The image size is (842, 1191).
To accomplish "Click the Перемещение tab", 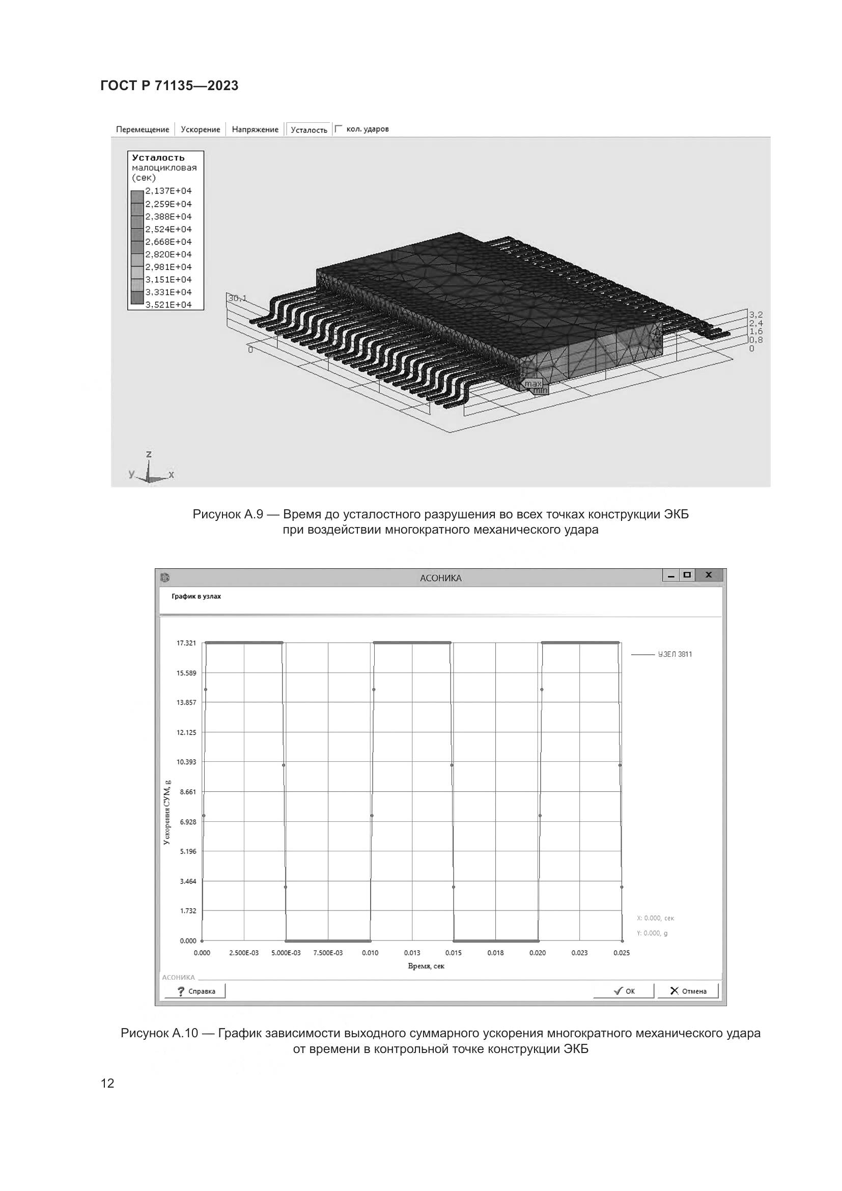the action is click(x=143, y=130).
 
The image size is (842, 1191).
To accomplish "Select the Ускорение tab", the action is click(x=200, y=130).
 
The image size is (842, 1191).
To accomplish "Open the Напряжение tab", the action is click(x=255, y=130).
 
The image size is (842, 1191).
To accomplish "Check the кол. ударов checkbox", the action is click(x=339, y=128).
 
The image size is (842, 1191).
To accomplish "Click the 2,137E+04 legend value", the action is click(x=169, y=191).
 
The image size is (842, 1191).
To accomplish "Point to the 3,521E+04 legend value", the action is click(x=169, y=304).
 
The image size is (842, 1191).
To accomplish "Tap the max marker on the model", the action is click(x=532, y=383).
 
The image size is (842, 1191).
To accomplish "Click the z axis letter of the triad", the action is click(x=149, y=454).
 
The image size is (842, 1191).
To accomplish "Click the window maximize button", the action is click(x=687, y=575).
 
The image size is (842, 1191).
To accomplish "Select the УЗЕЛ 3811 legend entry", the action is click(x=675, y=655).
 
